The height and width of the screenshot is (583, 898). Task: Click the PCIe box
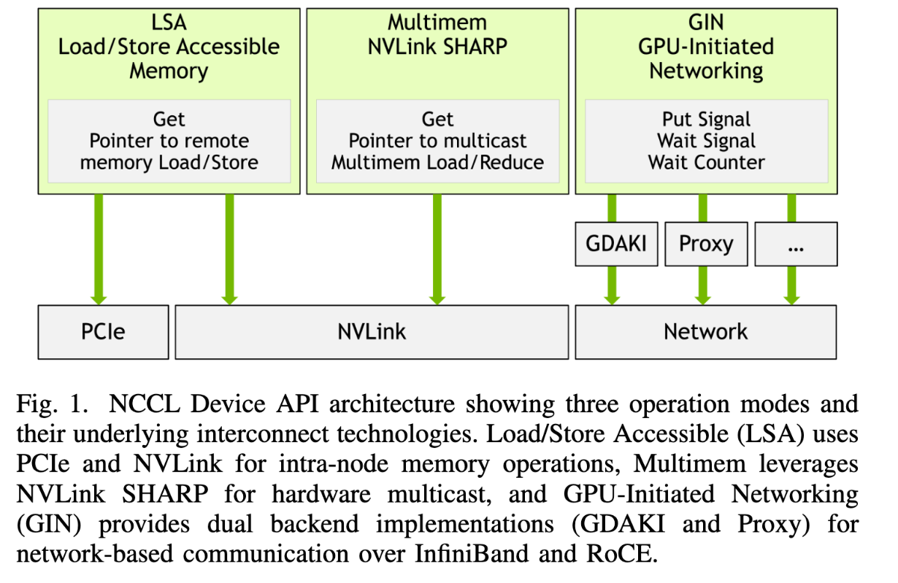pos(102,332)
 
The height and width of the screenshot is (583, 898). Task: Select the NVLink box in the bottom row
pos(371,332)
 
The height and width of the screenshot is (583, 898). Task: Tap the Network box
pos(705,332)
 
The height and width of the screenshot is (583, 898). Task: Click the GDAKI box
pos(616,243)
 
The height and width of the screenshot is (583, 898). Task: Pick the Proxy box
pos(705,243)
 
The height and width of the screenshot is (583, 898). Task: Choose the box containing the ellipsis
pos(795,243)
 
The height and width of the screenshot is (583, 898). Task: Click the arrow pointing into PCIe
pos(99,248)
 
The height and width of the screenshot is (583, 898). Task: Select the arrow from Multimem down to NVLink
pos(437,248)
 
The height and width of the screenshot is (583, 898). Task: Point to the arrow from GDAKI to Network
pos(612,285)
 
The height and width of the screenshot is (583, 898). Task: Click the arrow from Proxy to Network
pos(702,285)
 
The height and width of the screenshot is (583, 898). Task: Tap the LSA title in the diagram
pos(169,22)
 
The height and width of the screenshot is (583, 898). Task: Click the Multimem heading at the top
pos(437,22)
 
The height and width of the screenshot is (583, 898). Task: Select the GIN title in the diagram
pos(705,22)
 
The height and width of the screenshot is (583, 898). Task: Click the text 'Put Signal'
pos(706,119)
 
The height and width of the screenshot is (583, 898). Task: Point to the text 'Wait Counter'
pos(706,162)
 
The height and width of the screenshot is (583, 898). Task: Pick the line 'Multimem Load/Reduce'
pos(437,162)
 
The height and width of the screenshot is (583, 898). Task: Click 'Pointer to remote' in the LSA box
pos(169,141)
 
